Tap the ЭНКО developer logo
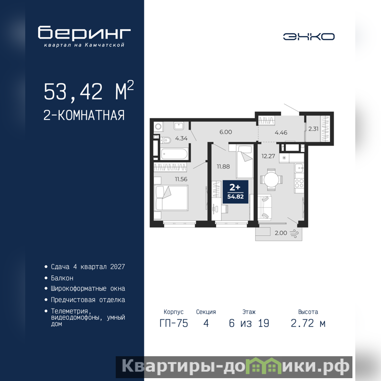click(x=309, y=37)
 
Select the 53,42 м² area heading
click(x=89, y=91)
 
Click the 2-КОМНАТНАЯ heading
click(x=84, y=115)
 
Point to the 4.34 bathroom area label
click(x=181, y=139)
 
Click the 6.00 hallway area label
click(x=226, y=132)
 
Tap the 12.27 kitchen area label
click(x=268, y=156)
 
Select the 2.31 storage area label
click(x=313, y=129)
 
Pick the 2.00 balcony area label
click(x=281, y=233)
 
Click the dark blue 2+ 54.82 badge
click(x=235, y=192)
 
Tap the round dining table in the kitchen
click(x=271, y=180)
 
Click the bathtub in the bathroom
click(x=174, y=154)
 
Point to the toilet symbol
click(x=165, y=140)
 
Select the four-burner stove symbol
click(x=300, y=183)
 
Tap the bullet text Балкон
click(x=62, y=278)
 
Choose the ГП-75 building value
click(x=174, y=323)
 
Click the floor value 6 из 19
click(x=249, y=323)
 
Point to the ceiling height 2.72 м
click(x=308, y=323)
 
